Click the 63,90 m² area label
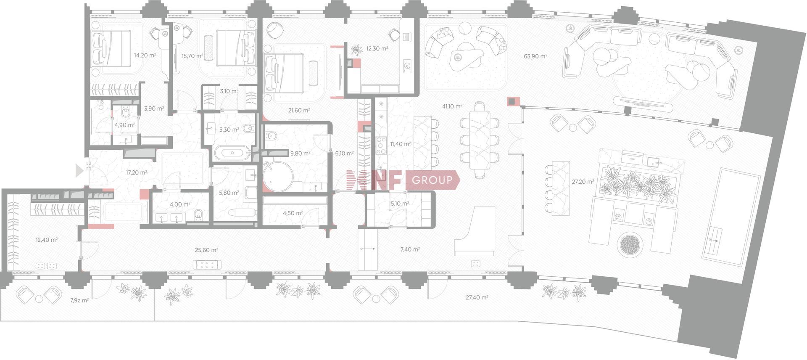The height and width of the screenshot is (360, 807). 535,56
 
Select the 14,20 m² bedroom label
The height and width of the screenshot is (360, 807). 145,55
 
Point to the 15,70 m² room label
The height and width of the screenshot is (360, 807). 192,56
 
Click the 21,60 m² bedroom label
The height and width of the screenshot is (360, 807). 299,111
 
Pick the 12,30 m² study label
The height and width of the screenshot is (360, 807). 377,48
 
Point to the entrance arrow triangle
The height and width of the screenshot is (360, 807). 79,170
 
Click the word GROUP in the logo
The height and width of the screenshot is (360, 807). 433,180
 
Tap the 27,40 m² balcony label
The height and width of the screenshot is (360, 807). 477,297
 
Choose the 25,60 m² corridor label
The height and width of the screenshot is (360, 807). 206,250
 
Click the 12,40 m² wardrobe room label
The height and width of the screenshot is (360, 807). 47,240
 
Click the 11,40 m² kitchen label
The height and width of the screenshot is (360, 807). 401,144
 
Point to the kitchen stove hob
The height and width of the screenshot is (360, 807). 381,146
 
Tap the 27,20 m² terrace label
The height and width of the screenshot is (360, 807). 583,182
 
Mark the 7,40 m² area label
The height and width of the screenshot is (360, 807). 410,249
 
